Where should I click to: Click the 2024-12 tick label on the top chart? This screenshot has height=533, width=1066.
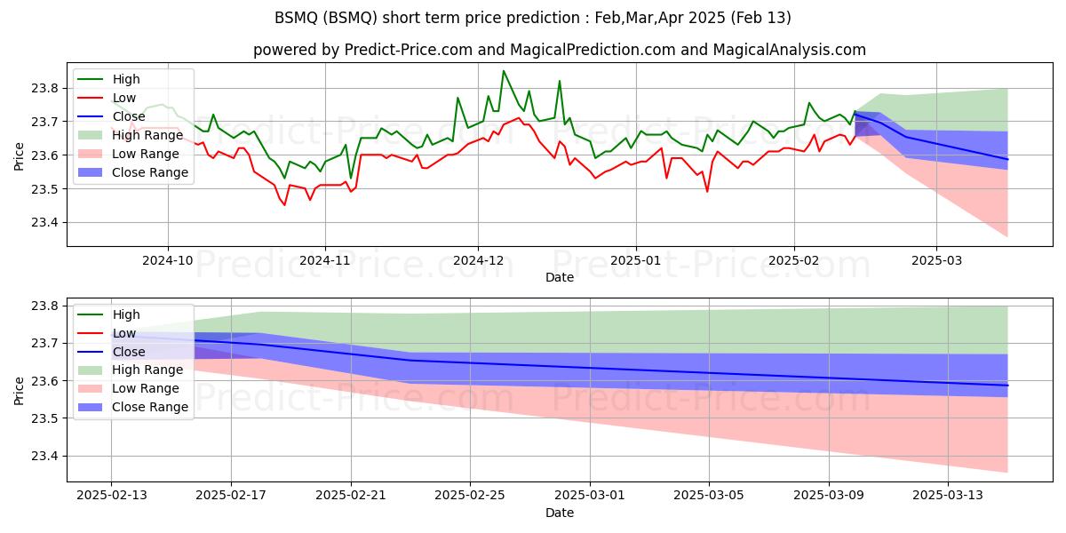point(478,261)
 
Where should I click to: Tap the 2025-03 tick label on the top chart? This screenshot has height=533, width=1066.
point(936,261)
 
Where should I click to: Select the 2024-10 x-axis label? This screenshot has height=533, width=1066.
point(168,261)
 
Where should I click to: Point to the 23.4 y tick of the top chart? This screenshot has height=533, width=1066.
point(44,223)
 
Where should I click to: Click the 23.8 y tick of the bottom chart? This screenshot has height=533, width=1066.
point(44,306)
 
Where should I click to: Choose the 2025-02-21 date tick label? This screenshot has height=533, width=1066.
point(351,496)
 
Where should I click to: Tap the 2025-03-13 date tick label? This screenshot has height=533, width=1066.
point(948,496)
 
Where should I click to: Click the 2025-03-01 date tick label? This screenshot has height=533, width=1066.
point(590,496)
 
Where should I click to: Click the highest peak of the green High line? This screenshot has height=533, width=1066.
point(503,71)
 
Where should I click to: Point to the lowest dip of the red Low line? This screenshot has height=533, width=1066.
point(284,205)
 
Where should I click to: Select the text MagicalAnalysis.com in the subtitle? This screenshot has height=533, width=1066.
point(789,50)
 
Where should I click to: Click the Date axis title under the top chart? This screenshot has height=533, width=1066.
point(559,277)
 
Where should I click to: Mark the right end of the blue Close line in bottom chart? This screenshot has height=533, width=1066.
point(1007,386)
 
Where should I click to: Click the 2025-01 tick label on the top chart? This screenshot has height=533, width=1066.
point(636,261)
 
